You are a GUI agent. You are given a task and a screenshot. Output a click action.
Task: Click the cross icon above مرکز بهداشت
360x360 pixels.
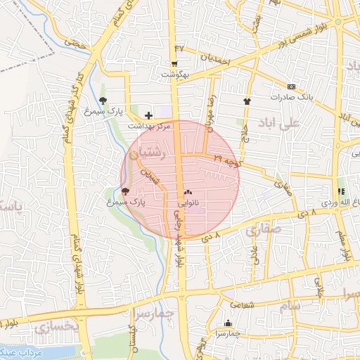point(148,115)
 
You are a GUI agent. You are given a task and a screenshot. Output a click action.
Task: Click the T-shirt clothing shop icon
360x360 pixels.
point(247,101)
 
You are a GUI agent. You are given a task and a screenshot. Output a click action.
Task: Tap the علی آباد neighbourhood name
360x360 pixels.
point(280,122)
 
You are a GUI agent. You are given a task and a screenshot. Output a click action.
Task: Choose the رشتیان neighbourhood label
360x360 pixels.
point(147,152)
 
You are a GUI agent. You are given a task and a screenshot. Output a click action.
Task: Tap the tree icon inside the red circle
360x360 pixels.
point(125,191)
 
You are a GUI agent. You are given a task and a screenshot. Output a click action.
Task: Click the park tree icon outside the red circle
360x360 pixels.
point(103,101)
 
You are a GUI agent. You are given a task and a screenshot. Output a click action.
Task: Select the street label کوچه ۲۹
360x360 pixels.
point(226,160)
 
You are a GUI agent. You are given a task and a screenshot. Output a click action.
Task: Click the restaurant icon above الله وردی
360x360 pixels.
point(340,191)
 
